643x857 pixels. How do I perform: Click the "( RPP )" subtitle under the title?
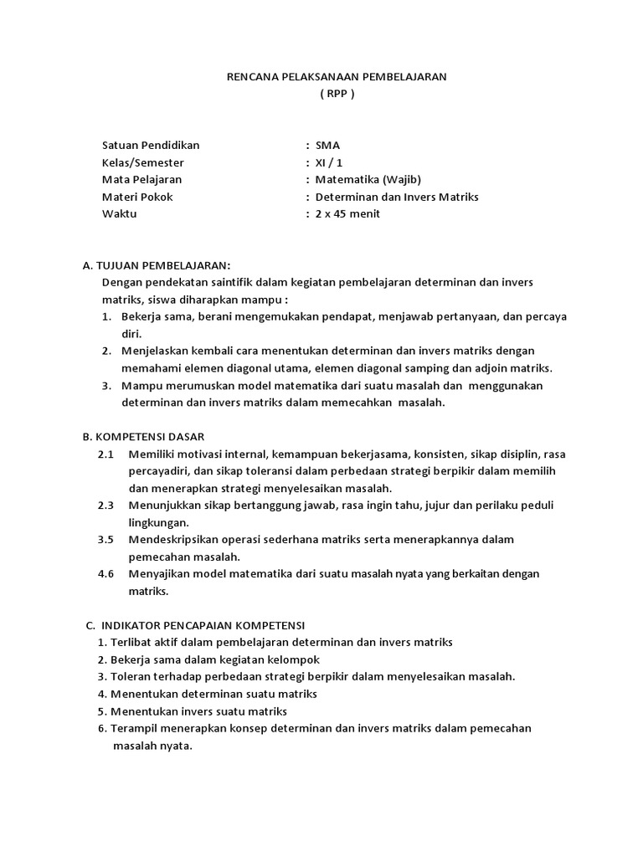click(x=337, y=94)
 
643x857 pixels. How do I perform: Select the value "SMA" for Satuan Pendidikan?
click(x=327, y=145)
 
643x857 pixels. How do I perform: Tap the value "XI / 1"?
click(x=329, y=162)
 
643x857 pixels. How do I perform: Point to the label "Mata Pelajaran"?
click(x=141, y=179)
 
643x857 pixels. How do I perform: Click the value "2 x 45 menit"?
click(x=347, y=213)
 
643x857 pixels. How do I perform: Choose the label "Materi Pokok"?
click(x=137, y=197)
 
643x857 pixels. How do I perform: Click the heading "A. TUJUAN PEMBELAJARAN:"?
click(x=157, y=265)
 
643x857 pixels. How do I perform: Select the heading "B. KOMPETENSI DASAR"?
click(x=143, y=437)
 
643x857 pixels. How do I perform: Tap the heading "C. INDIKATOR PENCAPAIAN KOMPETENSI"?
click(x=198, y=625)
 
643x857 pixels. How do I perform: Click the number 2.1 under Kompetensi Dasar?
click(x=105, y=454)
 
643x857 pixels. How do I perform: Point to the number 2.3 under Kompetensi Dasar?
click(x=105, y=505)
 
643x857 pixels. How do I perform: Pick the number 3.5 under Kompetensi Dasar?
click(x=105, y=540)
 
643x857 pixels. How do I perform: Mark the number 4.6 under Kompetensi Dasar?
click(x=105, y=574)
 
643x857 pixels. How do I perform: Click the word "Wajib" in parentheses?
click(x=403, y=179)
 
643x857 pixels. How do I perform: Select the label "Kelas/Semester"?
click(x=142, y=162)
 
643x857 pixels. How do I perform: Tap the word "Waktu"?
click(x=119, y=213)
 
